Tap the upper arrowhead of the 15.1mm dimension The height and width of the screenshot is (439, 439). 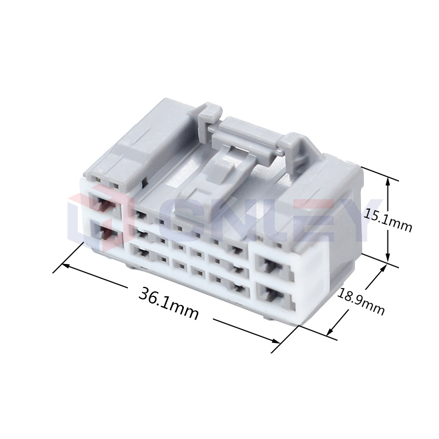click(x=388, y=183)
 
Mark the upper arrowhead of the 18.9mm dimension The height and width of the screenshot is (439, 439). click(x=381, y=268)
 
